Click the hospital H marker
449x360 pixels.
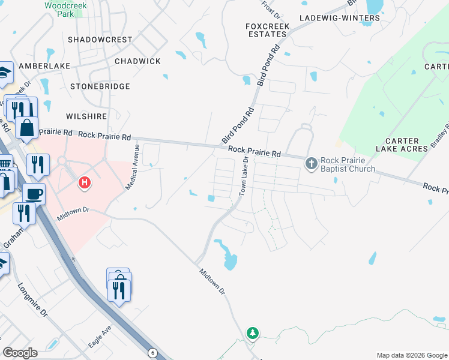(x=85, y=182)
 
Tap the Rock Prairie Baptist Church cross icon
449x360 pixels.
(x=312, y=163)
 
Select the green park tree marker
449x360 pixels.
(x=253, y=332)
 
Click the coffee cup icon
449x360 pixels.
(x=34, y=194)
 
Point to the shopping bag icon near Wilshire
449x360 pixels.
(x=27, y=127)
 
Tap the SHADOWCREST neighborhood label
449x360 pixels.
(x=100, y=39)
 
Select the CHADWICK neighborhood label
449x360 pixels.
(x=137, y=61)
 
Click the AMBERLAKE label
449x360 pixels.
(x=44, y=65)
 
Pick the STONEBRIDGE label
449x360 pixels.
(x=100, y=86)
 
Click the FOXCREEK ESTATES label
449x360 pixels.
(x=267, y=30)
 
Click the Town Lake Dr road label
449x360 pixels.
(x=244, y=176)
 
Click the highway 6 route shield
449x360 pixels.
(x=152, y=353)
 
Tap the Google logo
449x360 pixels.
(x=20, y=353)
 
